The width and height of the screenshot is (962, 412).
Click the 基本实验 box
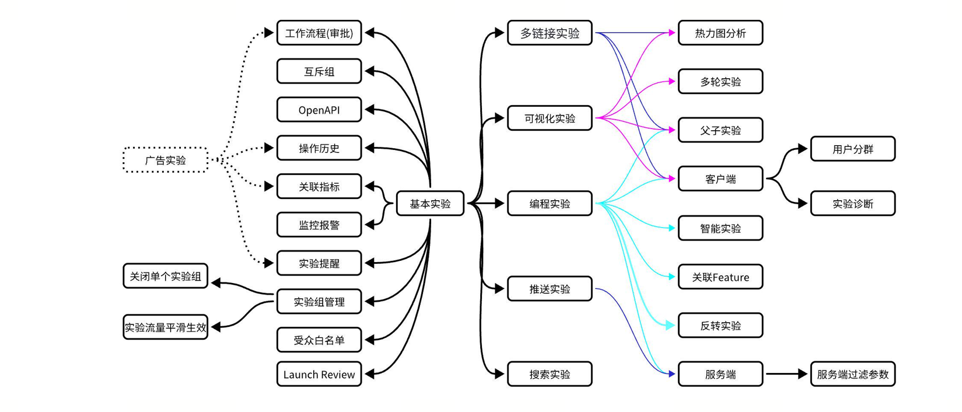(x=430, y=204)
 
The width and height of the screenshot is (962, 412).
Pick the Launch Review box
(x=319, y=375)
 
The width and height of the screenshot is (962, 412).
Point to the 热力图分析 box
(x=720, y=33)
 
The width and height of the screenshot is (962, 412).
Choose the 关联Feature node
(x=720, y=277)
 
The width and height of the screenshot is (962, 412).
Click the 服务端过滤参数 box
(x=852, y=374)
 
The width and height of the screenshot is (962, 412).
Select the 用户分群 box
(x=852, y=149)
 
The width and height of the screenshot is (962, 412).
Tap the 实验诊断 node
(x=852, y=204)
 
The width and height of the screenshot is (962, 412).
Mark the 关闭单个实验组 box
(x=165, y=276)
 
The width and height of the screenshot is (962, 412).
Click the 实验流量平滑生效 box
(x=165, y=327)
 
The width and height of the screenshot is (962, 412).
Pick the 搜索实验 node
(x=550, y=374)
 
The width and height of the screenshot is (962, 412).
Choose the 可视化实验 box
(x=550, y=118)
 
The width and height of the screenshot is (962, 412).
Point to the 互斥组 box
(x=319, y=72)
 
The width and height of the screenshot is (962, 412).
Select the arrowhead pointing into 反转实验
(x=671, y=326)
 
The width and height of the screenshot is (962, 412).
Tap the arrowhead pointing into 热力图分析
(x=671, y=33)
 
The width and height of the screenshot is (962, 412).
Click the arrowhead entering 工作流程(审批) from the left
(x=269, y=33)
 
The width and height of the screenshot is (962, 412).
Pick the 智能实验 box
(x=720, y=228)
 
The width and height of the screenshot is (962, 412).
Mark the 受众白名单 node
(x=319, y=340)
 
